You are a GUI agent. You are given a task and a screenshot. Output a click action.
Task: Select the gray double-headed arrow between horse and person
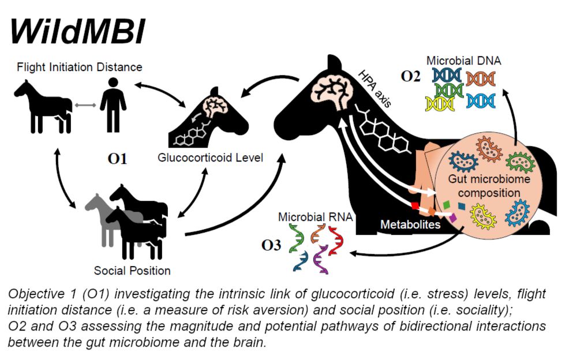point(84,105)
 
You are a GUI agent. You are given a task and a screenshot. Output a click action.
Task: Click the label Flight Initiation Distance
point(80,67)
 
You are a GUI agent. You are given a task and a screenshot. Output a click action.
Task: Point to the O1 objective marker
point(117,159)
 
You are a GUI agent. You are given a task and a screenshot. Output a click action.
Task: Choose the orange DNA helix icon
point(480,79)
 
